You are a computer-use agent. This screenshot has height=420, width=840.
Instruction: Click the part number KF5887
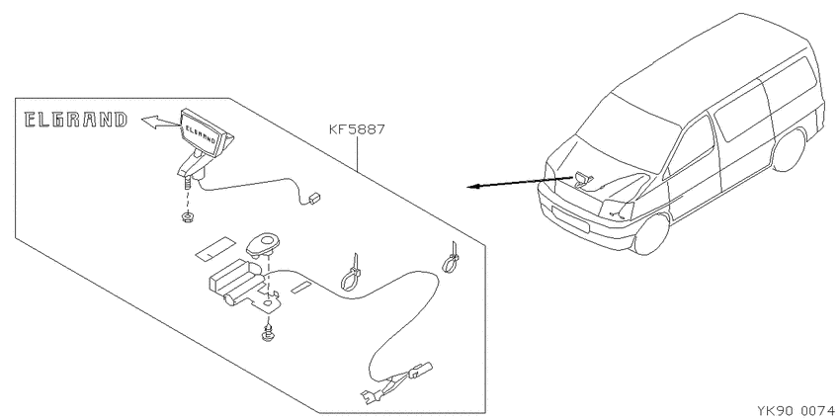(x=358, y=130)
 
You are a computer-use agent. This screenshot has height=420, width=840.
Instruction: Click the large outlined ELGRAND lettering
(x=76, y=120)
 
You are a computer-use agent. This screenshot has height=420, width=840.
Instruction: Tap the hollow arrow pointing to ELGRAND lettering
(x=161, y=123)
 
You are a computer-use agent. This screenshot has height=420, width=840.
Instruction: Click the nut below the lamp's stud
(x=187, y=217)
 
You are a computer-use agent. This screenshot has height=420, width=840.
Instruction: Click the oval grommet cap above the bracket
(x=261, y=244)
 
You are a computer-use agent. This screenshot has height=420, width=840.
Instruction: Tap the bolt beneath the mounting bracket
(x=267, y=333)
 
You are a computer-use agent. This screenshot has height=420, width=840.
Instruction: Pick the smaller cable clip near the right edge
(x=452, y=258)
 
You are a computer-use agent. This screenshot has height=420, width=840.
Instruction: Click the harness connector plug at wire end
(x=419, y=370)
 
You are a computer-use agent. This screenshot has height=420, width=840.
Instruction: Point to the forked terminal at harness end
(x=371, y=397)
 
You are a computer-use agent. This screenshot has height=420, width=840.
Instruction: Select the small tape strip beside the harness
(x=301, y=288)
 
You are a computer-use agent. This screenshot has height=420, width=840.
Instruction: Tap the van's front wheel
(x=652, y=234)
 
